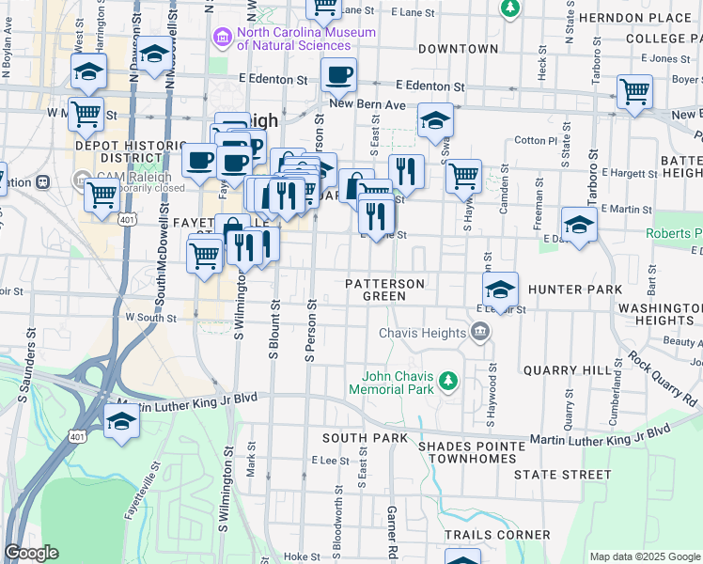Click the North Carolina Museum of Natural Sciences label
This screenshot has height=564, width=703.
(x=306, y=39)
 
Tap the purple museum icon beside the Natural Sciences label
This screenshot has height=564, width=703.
(x=223, y=38)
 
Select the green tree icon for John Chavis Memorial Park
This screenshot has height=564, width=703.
(x=449, y=380)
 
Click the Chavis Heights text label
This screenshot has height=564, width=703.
(x=422, y=333)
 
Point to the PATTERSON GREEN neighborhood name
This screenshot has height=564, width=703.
(x=384, y=290)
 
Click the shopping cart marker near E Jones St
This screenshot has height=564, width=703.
(x=634, y=91)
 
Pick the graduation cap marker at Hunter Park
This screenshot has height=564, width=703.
(x=501, y=288)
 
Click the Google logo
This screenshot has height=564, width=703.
(x=31, y=553)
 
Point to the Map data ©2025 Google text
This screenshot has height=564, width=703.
(x=644, y=556)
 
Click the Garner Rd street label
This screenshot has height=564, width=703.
(x=392, y=531)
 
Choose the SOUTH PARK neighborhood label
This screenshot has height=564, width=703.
(x=365, y=438)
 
